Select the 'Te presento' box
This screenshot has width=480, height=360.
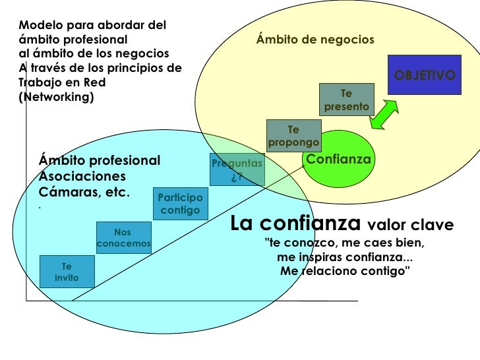pos(347,100)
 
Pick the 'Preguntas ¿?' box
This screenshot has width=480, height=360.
pos(237,169)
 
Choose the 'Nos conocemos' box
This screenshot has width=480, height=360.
pos(123,238)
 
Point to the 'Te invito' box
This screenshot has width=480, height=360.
pos(67,272)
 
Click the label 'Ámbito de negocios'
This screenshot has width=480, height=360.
pos(315,40)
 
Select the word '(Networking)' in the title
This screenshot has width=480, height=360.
pos(57,97)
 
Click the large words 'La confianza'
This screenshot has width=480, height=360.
pos(296,224)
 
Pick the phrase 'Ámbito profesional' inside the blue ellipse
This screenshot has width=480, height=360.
pos(100,160)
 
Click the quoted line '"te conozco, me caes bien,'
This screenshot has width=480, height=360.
pos(344,243)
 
